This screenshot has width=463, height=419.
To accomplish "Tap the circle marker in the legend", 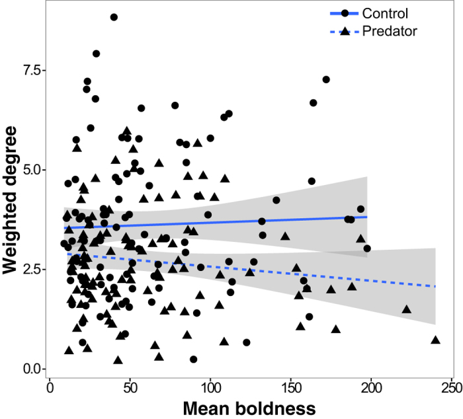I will click(345, 13).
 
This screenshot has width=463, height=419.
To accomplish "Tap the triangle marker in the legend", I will click(345, 30).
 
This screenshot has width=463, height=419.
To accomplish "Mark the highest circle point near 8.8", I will click(114, 17).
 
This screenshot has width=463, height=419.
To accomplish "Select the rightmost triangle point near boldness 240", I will click(435, 340).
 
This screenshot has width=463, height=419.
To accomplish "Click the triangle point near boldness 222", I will click(407, 309).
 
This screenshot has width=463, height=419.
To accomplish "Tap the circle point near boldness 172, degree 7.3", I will click(326, 79).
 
